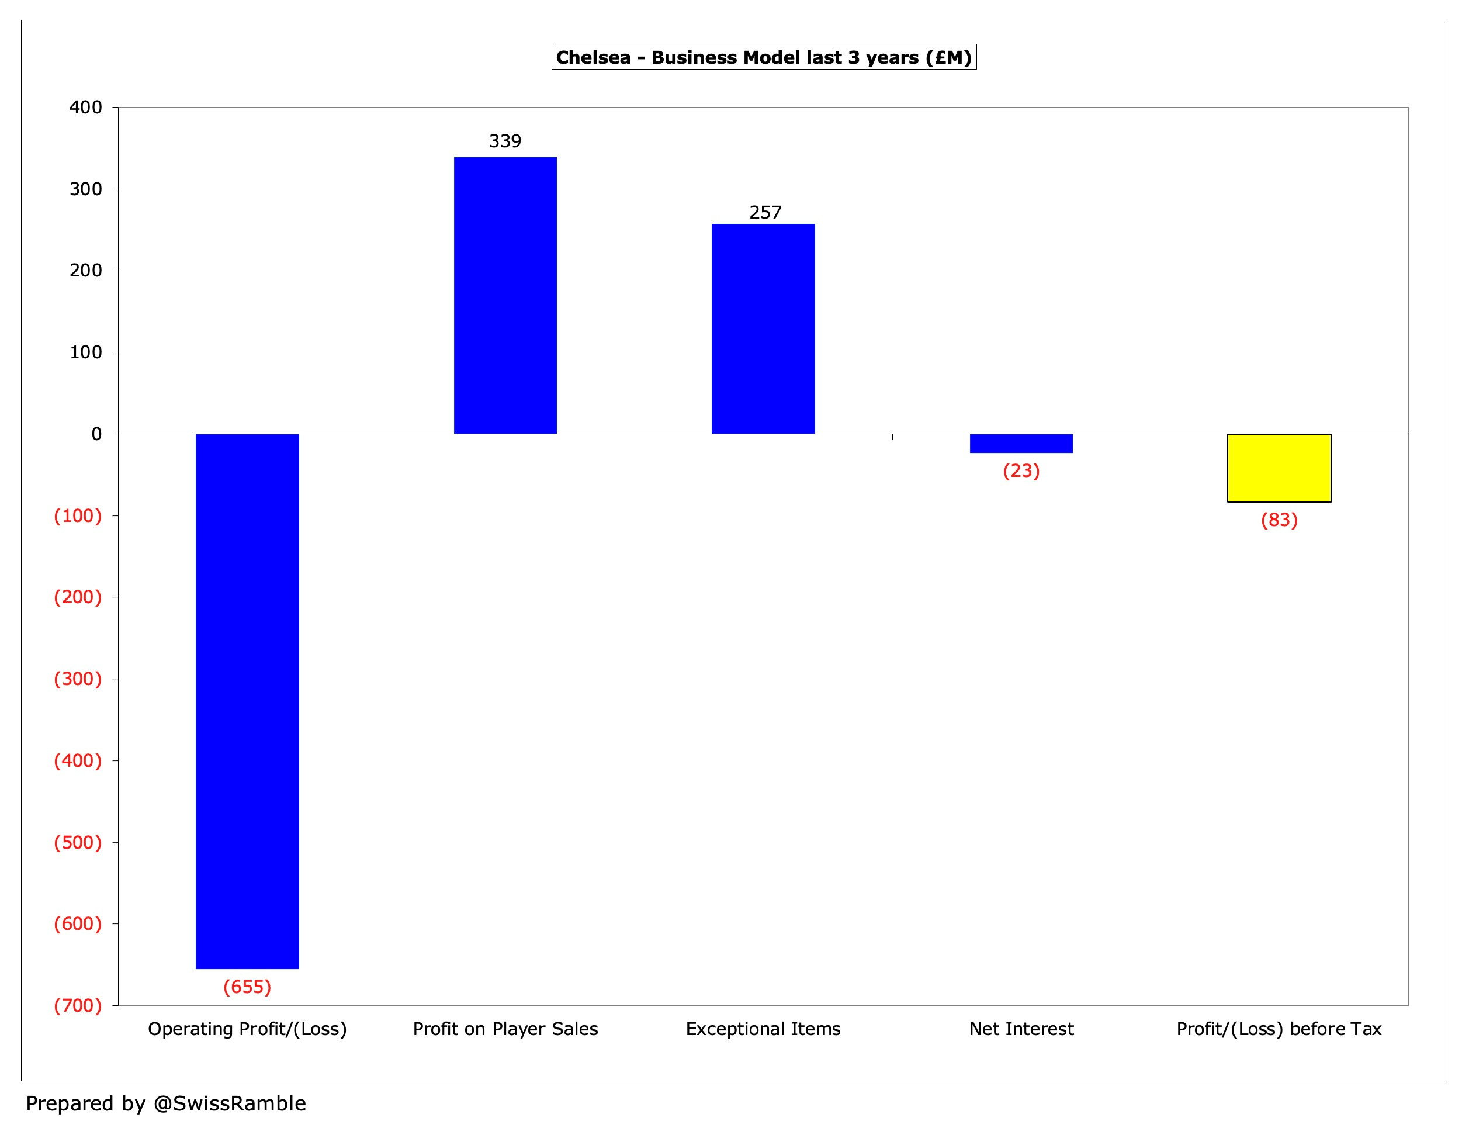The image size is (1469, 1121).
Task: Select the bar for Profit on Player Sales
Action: (505, 296)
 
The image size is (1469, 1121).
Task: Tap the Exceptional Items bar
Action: (763, 329)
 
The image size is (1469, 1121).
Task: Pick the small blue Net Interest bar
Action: (1021, 444)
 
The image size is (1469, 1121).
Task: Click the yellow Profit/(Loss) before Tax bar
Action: (1279, 468)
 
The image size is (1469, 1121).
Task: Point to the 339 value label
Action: (505, 141)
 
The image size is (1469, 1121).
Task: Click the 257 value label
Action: (765, 213)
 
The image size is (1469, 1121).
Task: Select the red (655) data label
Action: (247, 987)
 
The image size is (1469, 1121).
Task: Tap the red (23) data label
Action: (1021, 471)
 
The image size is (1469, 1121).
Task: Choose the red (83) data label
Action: (1279, 520)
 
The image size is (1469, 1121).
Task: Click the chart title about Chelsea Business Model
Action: (764, 57)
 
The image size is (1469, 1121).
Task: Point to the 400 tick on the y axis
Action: (86, 108)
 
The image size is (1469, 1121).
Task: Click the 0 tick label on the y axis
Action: (97, 434)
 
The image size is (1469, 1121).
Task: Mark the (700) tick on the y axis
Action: (78, 1005)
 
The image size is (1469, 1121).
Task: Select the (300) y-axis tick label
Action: (78, 679)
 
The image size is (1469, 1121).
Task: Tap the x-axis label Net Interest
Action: (1021, 1029)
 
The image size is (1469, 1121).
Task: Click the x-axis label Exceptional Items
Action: (763, 1029)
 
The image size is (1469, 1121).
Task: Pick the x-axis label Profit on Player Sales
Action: (505, 1029)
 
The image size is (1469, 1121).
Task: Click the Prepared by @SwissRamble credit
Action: (166, 1103)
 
